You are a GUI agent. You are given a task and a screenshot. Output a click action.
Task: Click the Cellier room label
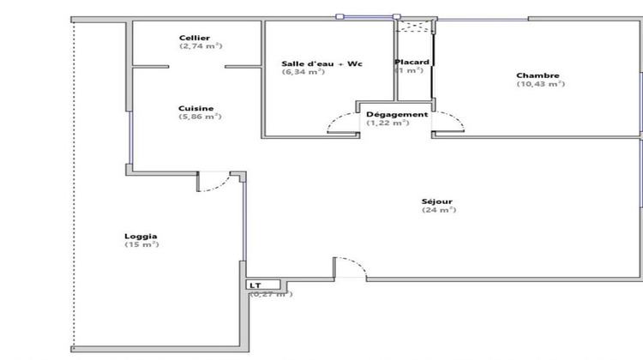[195, 38]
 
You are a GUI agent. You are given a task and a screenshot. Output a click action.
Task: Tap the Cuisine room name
[195, 108]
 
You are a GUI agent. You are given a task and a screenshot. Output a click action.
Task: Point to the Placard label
[412, 63]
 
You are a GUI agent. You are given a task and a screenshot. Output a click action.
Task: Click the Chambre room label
[538, 75]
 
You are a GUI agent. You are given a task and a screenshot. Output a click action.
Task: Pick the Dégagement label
[396, 115]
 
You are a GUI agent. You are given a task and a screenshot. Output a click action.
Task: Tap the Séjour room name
[437, 202]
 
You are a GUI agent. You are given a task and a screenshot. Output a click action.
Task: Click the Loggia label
[141, 237]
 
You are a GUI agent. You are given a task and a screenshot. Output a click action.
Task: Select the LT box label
[255, 285]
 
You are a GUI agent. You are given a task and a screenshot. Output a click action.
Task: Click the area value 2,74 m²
[201, 46]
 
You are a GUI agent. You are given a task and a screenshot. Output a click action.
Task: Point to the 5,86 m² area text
[201, 117]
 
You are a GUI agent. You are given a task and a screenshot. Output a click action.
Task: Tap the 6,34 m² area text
[303, 73]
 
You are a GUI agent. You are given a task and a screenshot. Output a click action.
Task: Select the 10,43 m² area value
[540, 84]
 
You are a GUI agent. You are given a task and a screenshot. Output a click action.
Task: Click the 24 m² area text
[438, 211]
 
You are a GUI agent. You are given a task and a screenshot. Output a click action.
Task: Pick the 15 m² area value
[141, 245]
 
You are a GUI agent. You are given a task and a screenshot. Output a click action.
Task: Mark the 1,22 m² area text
[388, 123]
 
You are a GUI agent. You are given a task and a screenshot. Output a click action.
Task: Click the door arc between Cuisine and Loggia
[215, 182]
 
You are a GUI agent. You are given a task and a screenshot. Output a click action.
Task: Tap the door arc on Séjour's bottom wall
[350, 267]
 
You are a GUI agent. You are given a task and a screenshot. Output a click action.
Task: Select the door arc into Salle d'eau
[342, 124]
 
